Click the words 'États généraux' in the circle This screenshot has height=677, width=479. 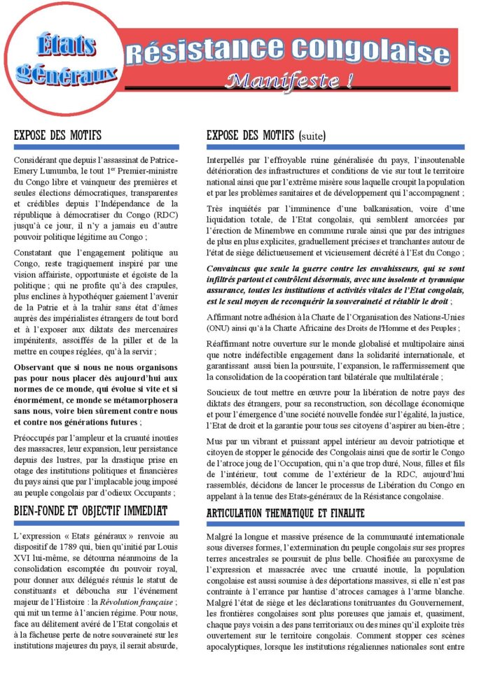67,59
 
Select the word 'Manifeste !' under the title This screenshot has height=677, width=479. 289,82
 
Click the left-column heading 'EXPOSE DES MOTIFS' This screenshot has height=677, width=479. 57,135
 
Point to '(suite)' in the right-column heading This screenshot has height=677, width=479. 312,135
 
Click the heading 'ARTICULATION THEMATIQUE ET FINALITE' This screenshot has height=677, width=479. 286,513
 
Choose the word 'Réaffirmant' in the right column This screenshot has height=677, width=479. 232,343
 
